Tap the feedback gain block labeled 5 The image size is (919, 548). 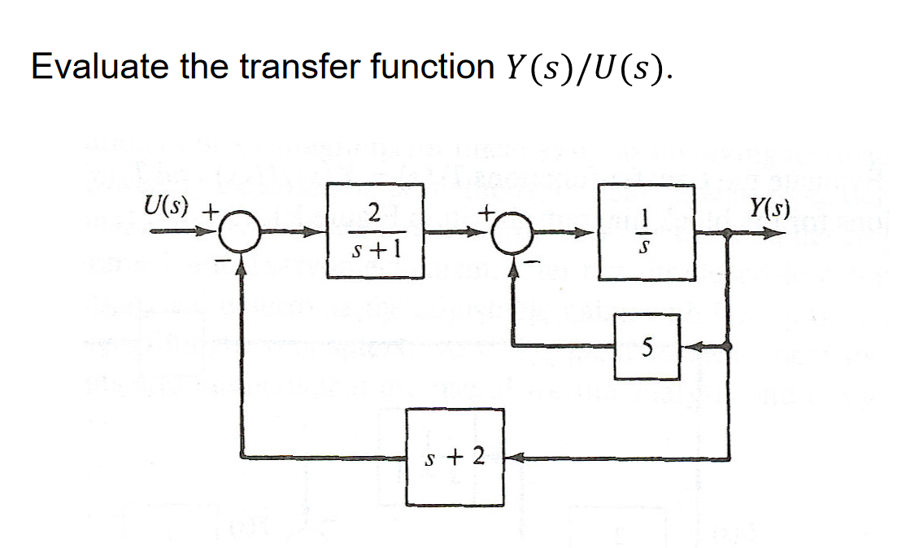(x=647, y=348)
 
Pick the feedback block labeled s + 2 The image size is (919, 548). (x=455, y=457)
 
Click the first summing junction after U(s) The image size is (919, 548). (x=242, y=233)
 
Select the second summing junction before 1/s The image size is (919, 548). (x=515, y=233)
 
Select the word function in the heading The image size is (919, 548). (x=430, y=68)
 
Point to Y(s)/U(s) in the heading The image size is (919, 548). (x=585, y=69)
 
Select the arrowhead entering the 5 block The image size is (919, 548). (x=687, y=348)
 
